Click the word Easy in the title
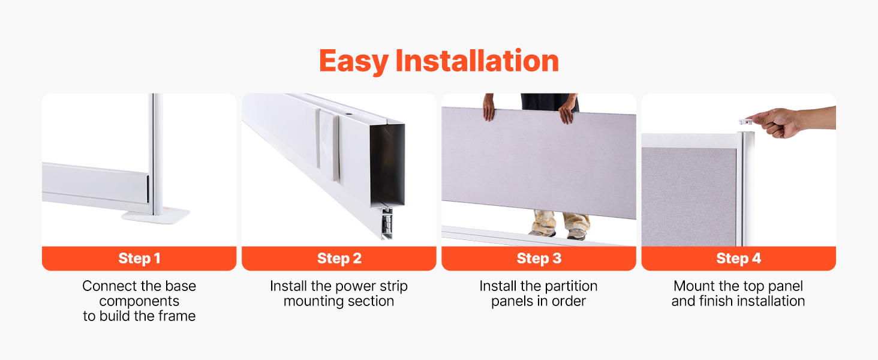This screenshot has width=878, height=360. coord(354,62)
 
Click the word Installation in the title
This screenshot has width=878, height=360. coord(477,61)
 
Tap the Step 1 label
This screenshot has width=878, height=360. coord(139,259)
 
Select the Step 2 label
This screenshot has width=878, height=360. coord(339,259)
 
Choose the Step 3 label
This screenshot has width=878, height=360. coord(539,259)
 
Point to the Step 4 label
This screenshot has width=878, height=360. coord(738,259)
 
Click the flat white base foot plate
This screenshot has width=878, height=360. coord(155,217)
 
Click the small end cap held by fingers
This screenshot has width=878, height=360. coord(745,122)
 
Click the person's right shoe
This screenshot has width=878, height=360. coord(542,233)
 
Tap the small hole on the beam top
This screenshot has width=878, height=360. coord(348,116)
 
